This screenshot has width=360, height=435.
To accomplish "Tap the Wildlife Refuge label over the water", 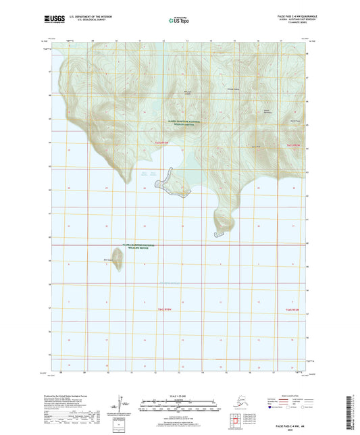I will tap(138, 247).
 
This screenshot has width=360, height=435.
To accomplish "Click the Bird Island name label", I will tap(110, 257).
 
